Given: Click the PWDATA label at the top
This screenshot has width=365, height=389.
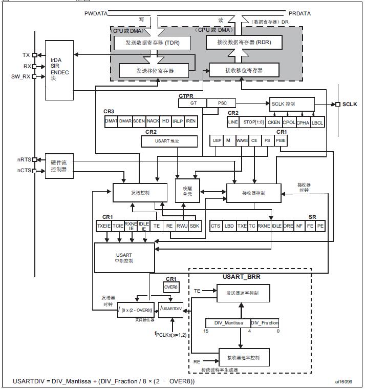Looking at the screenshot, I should click(97, 12).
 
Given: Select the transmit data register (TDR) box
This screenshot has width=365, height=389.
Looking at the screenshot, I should click(151, 43).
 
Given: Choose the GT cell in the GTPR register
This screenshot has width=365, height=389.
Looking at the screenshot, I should click(193, 103).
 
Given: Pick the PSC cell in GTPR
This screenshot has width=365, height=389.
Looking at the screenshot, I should click(222, 103).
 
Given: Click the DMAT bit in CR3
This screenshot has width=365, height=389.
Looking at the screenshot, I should click(111, 121).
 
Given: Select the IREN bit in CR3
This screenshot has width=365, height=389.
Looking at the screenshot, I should click(190, 121).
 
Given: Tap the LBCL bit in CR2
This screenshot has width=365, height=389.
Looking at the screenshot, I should click(317, 122).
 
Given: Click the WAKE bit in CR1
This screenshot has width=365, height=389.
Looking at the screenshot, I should click(242, 140).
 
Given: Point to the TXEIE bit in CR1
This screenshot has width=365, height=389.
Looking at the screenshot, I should click(103, 226).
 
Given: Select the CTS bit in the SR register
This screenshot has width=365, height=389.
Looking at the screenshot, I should click(216, 226).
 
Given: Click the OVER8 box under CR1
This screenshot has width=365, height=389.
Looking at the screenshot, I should click(170, 287).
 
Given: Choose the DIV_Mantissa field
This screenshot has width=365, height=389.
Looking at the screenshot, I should click(227, 322).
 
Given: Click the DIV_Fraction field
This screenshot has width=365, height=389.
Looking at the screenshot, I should click(265, 322).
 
